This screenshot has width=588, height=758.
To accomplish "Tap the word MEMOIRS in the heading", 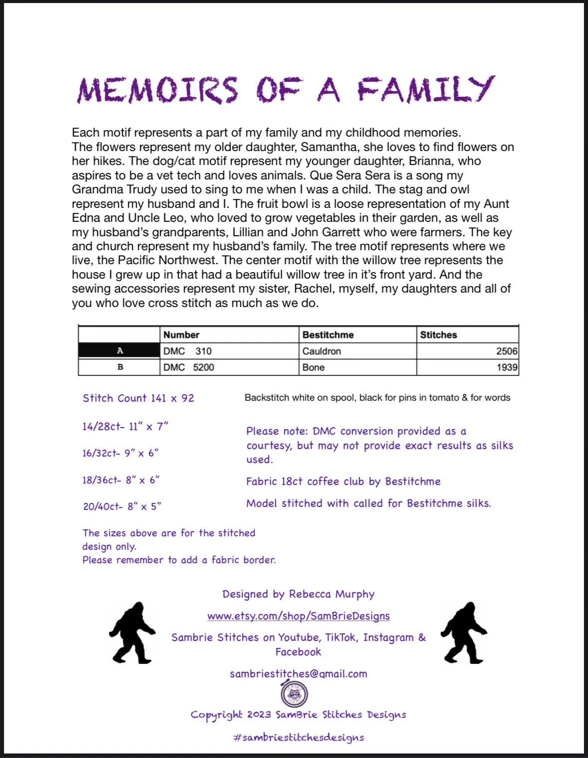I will pos(158,91).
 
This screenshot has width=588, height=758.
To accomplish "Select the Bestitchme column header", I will pos(328,335).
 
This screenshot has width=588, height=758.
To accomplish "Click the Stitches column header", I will pos(438,335).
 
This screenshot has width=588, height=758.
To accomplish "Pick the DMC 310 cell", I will pos(188,351).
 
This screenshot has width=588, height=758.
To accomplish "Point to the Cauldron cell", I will pos(322,351).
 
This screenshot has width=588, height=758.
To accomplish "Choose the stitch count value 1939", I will pos(507,367).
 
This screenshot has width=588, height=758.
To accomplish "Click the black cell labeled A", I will pos(119,351).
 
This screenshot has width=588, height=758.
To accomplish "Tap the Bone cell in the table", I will pos(313,367).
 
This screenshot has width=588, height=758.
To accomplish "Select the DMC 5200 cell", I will pos(189,367).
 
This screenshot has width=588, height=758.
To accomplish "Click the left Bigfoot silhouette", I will pos(132,633).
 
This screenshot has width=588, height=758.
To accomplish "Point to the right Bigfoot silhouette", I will pos(464,633).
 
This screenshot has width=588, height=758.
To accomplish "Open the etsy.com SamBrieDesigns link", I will pos(298,616).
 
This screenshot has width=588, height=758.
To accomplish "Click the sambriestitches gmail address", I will pos(298,674).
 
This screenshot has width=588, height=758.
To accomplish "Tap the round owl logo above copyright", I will pos(294,694).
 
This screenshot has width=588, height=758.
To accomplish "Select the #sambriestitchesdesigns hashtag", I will pos(298,738).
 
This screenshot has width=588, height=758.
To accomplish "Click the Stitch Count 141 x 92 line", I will pos(138,398).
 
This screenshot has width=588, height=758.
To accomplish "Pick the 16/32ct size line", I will pos(120,453).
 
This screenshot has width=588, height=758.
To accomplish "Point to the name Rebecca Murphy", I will pos(332,594).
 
